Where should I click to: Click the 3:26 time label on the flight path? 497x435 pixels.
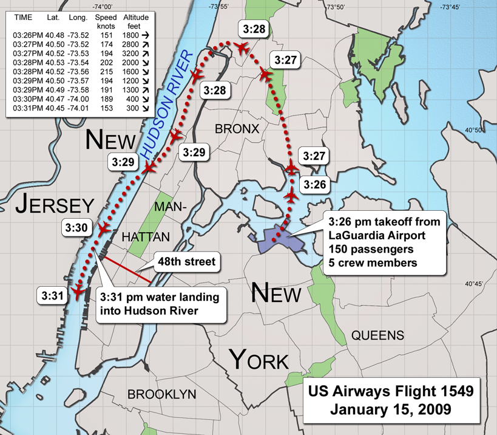315,183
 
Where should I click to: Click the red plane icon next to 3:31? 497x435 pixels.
77,291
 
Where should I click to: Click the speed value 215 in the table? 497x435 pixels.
106,70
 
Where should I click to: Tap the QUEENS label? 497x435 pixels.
377,335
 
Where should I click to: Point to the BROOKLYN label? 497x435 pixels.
161,394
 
